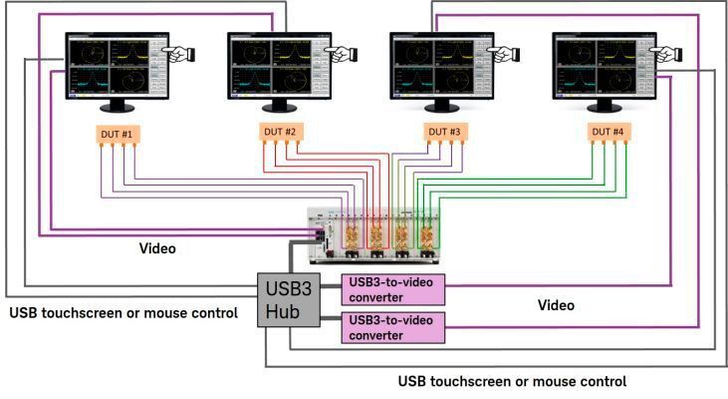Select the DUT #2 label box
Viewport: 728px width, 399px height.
click(279, 133)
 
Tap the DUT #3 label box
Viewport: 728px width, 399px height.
click(442, 133)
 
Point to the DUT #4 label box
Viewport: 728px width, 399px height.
click(607, 133)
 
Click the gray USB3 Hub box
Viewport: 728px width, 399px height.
click(288, 300)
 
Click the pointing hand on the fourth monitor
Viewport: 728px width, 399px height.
click(666, 52)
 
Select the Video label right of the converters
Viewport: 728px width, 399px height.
click(556, 305)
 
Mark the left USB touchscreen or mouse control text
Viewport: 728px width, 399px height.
click(123, 313)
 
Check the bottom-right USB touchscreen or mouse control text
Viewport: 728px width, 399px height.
click(512, 381)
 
